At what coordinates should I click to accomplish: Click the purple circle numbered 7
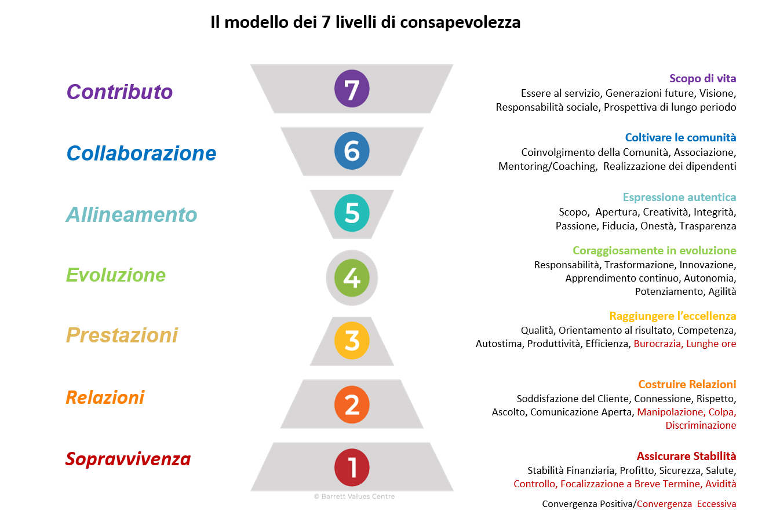point(352,89)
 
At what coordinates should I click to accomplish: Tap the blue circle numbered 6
point(352,151)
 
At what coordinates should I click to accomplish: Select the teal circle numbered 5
point(352,213)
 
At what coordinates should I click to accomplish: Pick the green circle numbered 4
point(352,278)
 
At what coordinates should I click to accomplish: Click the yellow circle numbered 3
point(352,340)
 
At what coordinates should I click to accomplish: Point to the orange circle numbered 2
point(352,404)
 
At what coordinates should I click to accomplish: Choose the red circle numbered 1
point(352,468)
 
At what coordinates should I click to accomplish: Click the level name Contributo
point(119,92)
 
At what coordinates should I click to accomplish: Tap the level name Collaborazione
point(141,154)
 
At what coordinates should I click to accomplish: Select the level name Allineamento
point(132,214)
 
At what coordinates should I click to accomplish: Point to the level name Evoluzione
point(115,275)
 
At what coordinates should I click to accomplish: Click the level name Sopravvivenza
point(128,459)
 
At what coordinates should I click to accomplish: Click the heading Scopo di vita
point(702,79)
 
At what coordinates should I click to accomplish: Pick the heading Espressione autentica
point(680,198)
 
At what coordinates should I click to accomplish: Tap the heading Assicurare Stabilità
point(686,456)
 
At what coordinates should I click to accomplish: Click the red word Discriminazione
point(701,425)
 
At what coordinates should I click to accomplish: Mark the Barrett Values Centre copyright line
point(354,497)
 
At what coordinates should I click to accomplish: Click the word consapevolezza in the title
point(460,23)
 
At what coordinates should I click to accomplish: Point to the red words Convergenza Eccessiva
point(686,504)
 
